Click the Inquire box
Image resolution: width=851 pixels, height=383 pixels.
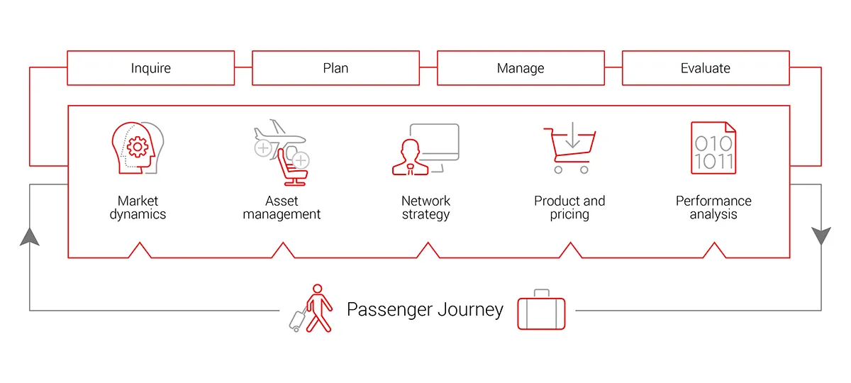(x=150, y=68)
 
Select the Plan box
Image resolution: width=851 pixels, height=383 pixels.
(x=335, y=68)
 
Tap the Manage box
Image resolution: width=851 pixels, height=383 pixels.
(x=521, y=68)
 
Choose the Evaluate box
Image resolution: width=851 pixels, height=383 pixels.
(x=706, y=68)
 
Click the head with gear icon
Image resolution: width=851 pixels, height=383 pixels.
(x=135, y=147)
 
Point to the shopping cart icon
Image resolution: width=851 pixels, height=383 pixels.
(x=570, y=150)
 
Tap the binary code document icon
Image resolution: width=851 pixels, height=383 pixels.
(x=713, y=148)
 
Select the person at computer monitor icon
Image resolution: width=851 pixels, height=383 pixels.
(x=424, y=150)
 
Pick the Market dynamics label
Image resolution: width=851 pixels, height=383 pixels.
(x=138, y=207)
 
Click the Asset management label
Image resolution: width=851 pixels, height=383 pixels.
(x=282, y=207)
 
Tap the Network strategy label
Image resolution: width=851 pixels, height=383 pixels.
(x=425, y=207)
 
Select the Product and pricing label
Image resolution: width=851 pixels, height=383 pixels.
(x=569, y=207)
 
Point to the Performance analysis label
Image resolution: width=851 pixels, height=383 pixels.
(x=713, y=207)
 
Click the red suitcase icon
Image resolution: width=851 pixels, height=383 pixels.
(x=541, y=310)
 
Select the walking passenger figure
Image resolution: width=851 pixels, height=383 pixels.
(x=317, y=309)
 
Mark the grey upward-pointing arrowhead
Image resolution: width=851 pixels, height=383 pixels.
(x=30, y=237)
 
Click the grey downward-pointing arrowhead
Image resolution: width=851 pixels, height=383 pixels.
(x=821, y=235)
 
